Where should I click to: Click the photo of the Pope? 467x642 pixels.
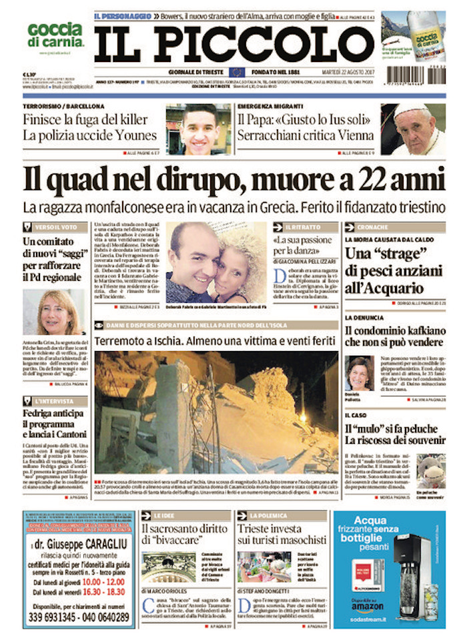point(413,129)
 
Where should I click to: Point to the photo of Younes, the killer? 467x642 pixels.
point(198,129)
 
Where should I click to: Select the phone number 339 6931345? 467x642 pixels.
point(57,617)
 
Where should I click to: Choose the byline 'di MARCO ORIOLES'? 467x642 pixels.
point(167,590)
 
